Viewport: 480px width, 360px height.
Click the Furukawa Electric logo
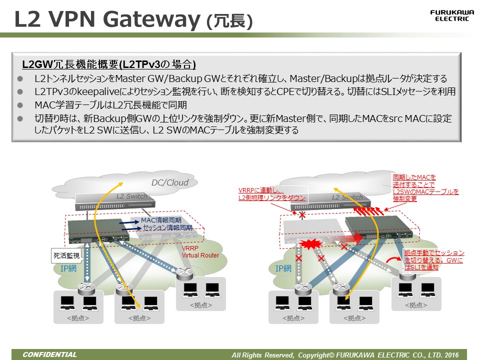[449, 15]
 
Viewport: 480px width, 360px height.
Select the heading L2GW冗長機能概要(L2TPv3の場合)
[109, 64]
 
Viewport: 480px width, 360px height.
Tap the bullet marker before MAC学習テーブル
[20, 105]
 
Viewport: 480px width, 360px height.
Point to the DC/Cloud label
[170, 183]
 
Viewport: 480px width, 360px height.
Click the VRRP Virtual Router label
[200, 252]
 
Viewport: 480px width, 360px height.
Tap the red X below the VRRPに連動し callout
[301, 215]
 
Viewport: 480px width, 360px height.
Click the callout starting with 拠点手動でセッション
[433, 260]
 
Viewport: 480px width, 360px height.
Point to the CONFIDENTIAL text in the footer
[49, 355]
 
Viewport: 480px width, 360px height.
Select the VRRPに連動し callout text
[272, 194]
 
